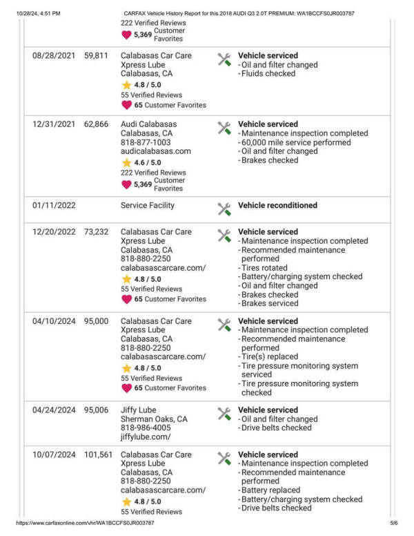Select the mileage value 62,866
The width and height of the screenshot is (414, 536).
pyautogui.click(x=96, y=124)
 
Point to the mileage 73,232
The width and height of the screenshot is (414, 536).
pyautogui.click(x=96, y=232)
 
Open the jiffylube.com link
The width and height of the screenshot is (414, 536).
pyautogui.click(x=146, y=437)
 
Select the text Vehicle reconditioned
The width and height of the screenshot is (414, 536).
pyautogui.click(x=277, y=206)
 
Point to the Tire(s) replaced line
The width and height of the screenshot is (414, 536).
pyautogui.click(x=270, y=357)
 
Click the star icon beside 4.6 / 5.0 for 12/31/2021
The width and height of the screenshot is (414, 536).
pyautogui.click(x=126, y=162)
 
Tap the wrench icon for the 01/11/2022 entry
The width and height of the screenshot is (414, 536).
pyautogui.click(x=224, y=208)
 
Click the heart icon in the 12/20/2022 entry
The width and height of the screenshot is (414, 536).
pyautogui.click(x=126, y=299)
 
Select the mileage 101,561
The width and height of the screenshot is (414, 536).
pyautogui.click(x=96, y=455)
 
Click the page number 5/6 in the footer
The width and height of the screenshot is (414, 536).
pyautogui.click(x=394, y=524)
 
